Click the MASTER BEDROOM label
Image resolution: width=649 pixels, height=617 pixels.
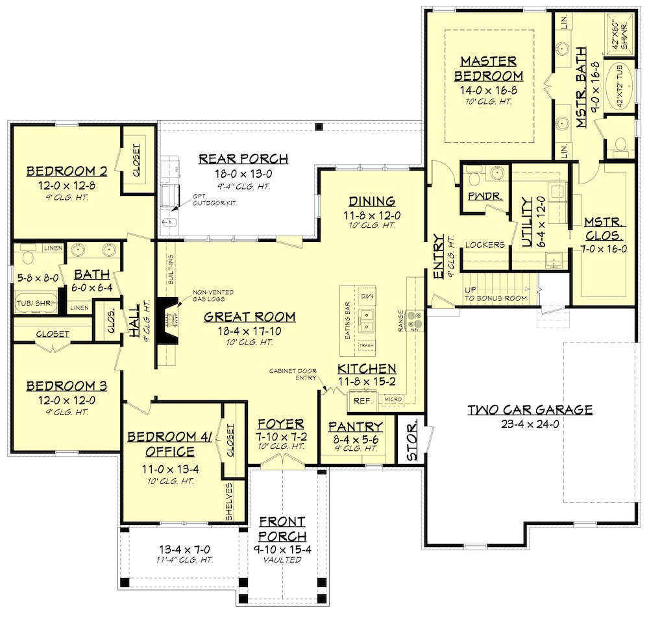coord(489,68)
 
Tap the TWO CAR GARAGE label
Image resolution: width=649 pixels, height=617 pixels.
coord(530,409)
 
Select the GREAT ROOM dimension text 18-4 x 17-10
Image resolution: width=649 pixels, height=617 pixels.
coord(249,330)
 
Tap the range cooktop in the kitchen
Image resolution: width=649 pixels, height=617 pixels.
coord(415,321)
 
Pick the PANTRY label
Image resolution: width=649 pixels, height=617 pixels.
coord(355,426)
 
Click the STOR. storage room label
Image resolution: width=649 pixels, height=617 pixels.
coord(411,444)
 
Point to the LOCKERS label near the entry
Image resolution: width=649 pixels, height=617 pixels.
coord(485,245)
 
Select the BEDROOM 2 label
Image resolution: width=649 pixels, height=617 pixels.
coord(66,171)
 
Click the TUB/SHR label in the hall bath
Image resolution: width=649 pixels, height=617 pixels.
coord(33,302)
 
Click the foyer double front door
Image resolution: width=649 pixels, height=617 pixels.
coord(282,461)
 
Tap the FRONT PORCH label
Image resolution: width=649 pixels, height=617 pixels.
coord(282,529)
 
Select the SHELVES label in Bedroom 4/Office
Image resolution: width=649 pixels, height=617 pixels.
coord(230,502)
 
